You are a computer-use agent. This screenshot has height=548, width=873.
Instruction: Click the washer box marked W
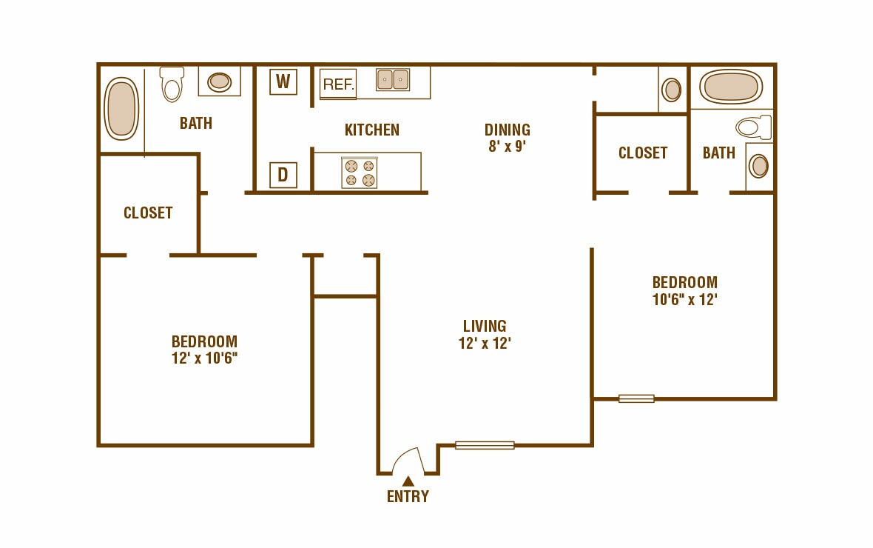pos(283,81)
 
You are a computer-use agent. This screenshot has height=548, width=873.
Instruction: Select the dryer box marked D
pos(283,176)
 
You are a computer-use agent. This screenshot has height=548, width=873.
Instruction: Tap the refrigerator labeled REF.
pos(338,84)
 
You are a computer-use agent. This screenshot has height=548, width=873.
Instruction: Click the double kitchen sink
pos(393,79)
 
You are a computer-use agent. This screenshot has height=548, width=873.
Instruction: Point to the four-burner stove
pos(360,173)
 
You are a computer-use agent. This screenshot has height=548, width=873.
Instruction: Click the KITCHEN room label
pos(372,130)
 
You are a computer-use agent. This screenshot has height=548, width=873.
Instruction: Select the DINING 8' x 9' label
pos(508,138)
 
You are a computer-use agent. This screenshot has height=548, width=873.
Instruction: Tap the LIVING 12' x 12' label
pos(485,334)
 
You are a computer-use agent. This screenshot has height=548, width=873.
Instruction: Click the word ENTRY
pos(408,497)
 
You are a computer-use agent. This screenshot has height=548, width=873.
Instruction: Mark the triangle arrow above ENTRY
pos(408,481)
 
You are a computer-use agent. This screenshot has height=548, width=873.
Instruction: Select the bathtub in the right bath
pos(731,87)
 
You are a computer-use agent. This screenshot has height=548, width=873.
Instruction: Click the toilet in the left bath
pos(172,84)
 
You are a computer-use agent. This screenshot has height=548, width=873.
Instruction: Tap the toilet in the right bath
pos(753,127)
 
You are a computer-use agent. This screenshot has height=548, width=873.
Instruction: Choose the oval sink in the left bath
pos(219,81)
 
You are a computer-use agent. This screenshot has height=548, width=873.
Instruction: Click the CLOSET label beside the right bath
pos(643,153)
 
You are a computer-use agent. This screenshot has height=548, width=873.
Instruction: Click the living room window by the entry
pos(485,445)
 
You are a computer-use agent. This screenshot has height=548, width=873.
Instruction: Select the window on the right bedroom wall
pos(636,398)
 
